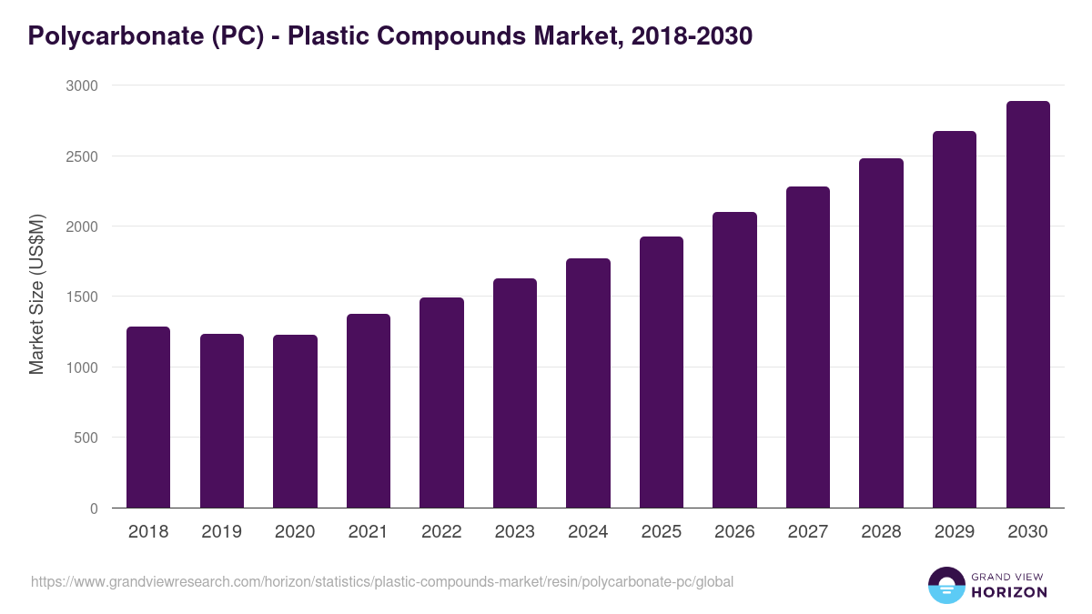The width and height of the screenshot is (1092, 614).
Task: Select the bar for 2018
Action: (148, 418)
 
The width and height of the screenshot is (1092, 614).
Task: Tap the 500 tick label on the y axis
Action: (85, 438)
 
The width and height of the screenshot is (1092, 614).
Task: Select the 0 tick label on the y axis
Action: (94, 508)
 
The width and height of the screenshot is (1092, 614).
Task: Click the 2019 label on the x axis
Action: (222, 532)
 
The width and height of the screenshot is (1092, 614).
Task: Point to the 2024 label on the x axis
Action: (588, 532)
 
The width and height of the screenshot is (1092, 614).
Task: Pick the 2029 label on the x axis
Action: (955, 532)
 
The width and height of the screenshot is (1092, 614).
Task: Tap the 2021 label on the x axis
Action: (369, 532)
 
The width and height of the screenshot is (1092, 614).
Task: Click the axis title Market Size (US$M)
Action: (36, 294)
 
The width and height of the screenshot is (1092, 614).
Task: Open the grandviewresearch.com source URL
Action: (382, 582)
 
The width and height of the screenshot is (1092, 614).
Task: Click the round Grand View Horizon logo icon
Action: (945, 585)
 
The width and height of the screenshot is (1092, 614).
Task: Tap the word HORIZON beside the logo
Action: (1009, 592)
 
